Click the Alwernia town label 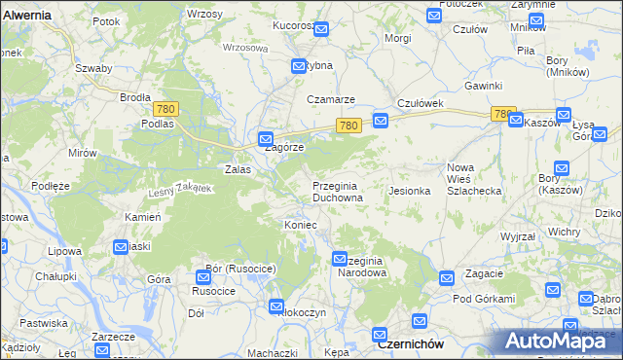(x=26, y=17)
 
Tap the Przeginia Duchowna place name (x=338, y=192)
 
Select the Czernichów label (x=411, y=345)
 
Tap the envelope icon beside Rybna (x=299, y=66)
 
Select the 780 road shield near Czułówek (x=350, y=126)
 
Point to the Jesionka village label (x=410, y=191)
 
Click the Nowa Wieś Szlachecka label (x=473, y=179)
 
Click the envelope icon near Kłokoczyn (x=277, y=307)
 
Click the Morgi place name (x=398, y=38)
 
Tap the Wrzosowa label (x=244, y=47)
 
